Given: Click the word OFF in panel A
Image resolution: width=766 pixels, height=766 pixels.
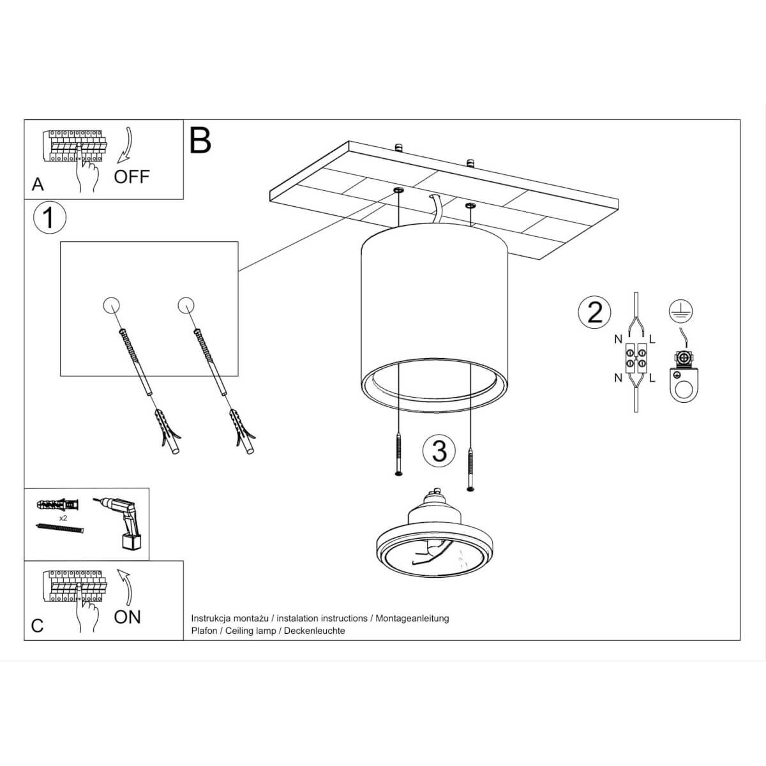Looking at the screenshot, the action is click(131, 176).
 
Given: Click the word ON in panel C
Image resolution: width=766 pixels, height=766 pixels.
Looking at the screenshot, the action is click(127, 617).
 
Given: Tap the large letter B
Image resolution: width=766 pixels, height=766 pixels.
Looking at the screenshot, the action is click(200, 140).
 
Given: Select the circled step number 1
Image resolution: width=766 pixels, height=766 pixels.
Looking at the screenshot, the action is click(49, 218).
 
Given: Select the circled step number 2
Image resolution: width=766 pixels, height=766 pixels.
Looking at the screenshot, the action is click(594, 312).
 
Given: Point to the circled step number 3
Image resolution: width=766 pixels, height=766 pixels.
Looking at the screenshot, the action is click(439, 451).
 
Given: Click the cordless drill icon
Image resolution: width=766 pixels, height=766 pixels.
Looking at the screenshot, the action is click(119, 522).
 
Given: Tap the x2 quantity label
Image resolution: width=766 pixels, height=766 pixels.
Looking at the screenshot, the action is click(63, 518).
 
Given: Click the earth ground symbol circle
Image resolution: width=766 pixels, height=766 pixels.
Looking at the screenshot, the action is click(681, 312).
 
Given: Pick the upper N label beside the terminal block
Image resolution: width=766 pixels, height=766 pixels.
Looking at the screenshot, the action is click(618, 339).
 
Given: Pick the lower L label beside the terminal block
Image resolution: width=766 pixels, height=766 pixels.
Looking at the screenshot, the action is click(652, 378).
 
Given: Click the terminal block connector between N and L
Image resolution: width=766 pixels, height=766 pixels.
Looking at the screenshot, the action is click(636, 358).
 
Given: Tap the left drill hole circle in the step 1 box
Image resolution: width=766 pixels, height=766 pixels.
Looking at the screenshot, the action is click(111, 305).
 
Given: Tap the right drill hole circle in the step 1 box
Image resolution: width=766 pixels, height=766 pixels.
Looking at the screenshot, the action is click(186, 305).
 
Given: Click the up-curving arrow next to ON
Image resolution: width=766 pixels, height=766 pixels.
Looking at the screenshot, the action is click(126, 587).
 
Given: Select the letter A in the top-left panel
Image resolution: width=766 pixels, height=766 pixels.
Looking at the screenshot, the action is click(38, 184).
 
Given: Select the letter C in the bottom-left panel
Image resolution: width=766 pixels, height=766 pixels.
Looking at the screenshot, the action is click(37, 626).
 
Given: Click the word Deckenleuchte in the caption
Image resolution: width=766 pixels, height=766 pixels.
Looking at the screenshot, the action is click(315, 631).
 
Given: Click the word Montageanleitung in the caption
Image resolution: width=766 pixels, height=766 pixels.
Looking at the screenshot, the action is click(412, 619).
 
